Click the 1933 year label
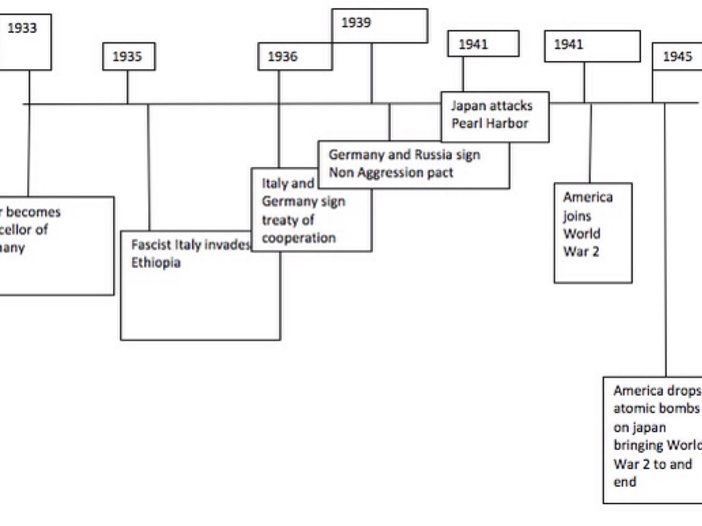23,29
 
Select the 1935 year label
128,57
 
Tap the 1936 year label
282,57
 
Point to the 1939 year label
356,23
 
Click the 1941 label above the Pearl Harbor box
473,45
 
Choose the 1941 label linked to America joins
568,45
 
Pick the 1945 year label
677,57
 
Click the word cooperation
299,238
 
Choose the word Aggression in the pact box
387,173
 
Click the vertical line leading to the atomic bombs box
665,240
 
